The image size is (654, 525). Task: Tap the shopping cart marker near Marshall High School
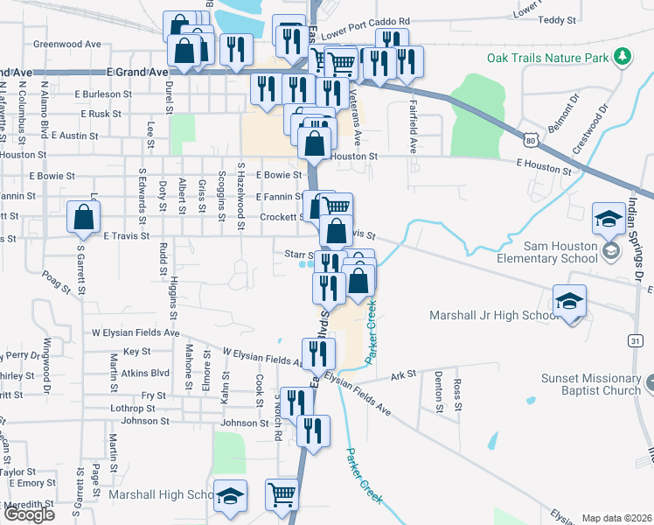point(282,495)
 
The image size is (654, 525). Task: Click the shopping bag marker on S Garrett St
point(82,220)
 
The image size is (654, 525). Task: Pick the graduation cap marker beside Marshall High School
point(230,495)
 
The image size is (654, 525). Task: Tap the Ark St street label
point(403,374)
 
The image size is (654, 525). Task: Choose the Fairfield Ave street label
point(412,129)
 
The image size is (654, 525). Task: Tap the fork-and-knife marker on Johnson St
point(313,430)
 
